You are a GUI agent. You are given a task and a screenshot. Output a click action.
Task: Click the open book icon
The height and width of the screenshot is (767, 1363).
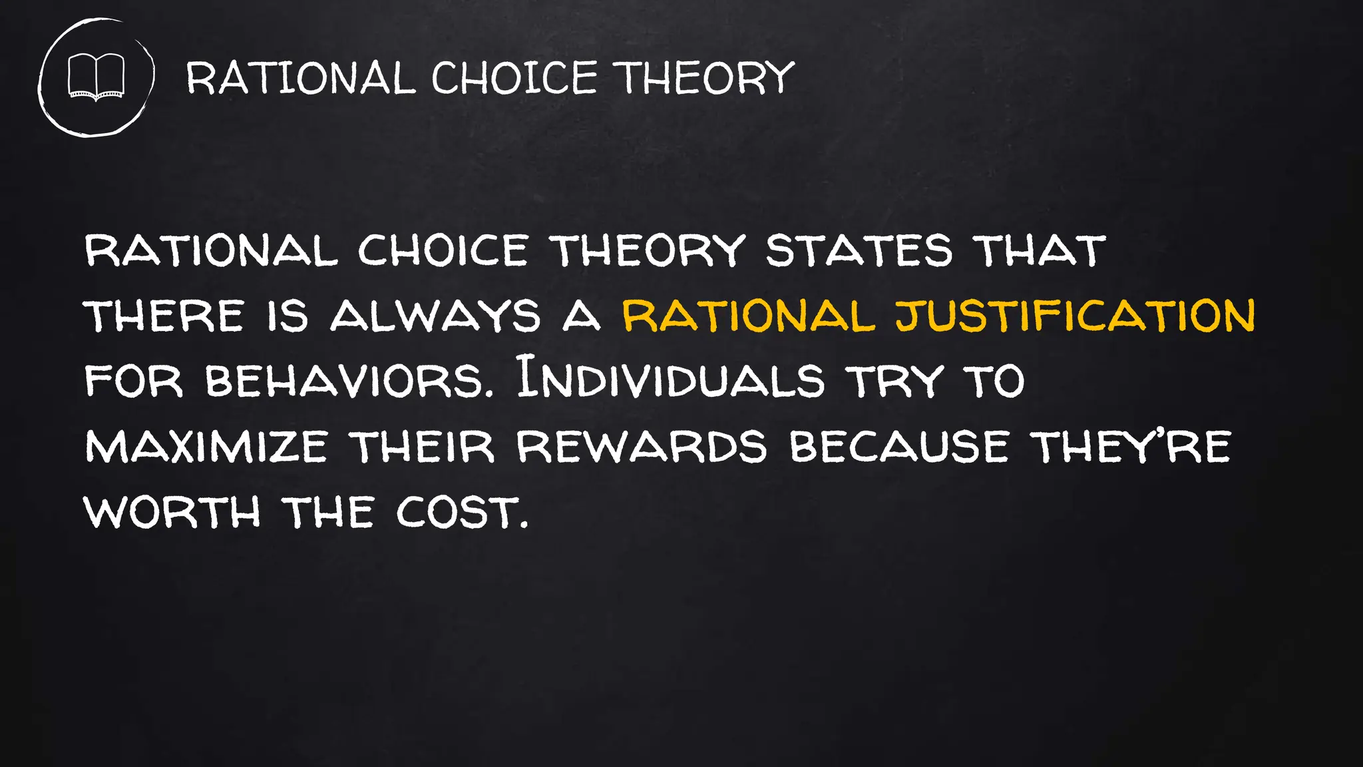click(x=97, y=77)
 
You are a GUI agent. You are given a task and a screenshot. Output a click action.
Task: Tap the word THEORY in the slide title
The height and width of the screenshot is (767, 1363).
click(x=703, y=78)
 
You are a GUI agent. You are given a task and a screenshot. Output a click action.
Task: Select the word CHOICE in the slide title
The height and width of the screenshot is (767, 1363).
click(x=514, y=78)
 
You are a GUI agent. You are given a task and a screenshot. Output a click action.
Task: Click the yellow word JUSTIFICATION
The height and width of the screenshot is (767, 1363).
click(x=1075, y=316)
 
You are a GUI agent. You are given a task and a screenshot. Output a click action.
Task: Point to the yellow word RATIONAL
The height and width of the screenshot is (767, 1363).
click(x=748, y=316)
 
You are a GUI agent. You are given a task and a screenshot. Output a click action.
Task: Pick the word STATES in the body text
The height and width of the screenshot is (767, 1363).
click(x=859, y=250)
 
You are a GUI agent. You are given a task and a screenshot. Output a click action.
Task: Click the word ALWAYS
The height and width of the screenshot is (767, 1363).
click(x=436, y=316)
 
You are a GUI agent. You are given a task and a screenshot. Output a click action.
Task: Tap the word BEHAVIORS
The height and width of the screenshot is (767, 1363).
click(x=350, y=381)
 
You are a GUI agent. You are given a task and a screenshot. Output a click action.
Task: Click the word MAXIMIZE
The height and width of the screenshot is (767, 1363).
click(x=206, y=446)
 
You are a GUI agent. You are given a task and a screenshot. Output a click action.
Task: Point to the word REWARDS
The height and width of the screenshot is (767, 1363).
click(x=642, y=446)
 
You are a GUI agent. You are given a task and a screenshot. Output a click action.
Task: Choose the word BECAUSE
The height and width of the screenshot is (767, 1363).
click(x=899, y=446)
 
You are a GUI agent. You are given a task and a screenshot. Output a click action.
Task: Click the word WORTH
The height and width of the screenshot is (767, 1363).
click(x=172, y=512)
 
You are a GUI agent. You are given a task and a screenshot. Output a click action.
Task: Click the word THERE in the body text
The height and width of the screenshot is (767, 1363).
click(x=164, y=316)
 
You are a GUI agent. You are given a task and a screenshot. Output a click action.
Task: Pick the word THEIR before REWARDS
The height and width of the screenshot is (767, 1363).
click(x=423, y=446)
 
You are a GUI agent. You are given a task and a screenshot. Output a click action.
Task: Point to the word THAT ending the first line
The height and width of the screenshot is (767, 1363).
click(x=1039, y=250)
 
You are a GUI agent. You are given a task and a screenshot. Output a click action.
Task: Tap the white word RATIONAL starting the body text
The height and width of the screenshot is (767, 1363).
click(x=211, y=250)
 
